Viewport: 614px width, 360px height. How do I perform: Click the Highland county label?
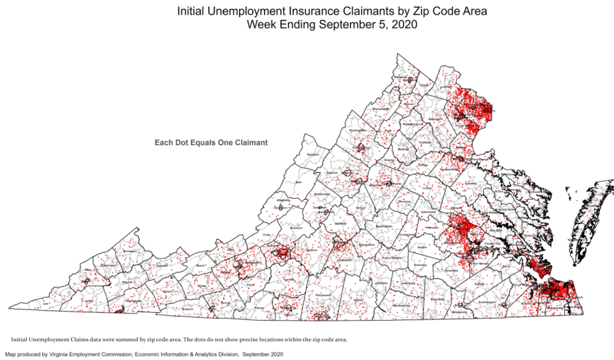[x=313, y=154]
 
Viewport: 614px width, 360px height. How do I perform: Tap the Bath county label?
[x=298, y=182]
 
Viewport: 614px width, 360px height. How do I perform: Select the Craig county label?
[x=266, y=234]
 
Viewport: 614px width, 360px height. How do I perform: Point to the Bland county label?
[x=200, y=266]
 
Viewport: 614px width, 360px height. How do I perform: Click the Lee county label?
[x=46, y=303]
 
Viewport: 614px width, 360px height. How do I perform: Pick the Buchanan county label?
[x=130, y=251]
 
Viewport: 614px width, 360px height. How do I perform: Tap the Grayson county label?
[x=188, y=309]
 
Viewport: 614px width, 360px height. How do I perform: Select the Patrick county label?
[x=259, y=308]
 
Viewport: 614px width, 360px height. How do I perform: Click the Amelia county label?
[x=422, y=247]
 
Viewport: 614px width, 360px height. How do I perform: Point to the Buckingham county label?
[x=384, y=227]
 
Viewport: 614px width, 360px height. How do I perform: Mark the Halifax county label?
[x=358, y=299]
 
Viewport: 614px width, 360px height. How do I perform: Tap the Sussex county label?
[x=479, y=283]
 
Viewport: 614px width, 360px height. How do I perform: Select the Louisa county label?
[x=426, y=187]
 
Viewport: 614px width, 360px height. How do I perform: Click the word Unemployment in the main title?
[x=248, y=11]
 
